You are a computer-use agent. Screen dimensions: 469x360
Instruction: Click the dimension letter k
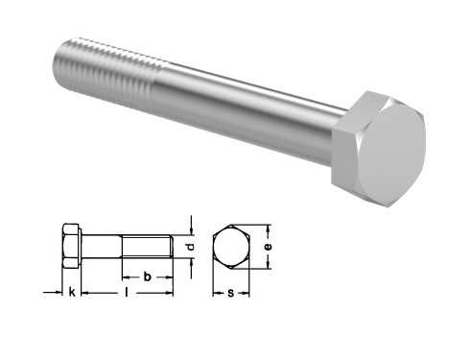(x=72, y=292)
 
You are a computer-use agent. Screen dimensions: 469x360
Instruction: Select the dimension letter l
(x=127, y=292)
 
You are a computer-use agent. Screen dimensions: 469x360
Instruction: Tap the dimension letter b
(x=147, y=276)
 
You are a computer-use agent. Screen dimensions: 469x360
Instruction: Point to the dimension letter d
(x=191, y=247)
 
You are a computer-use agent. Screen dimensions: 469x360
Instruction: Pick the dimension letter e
(x=269, y=247)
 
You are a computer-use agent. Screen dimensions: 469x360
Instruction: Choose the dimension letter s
(x=231, y=293)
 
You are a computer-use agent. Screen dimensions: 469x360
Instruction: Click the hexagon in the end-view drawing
(x=231, y=247)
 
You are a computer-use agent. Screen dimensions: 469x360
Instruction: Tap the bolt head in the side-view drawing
(x=72, y=246)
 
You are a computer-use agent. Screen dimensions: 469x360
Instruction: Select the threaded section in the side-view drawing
(x=148, y=247)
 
